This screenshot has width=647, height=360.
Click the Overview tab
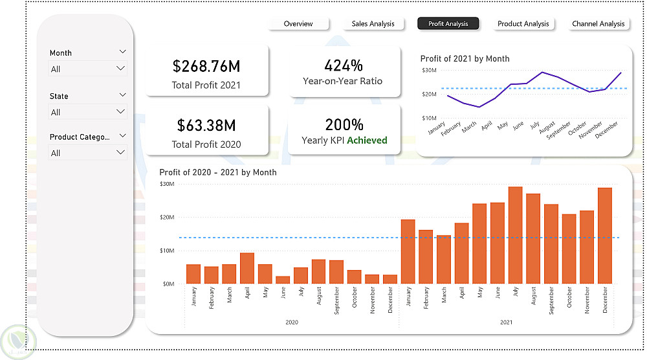[298, 24]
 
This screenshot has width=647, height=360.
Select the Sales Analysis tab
[373, 24]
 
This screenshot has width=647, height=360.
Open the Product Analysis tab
[523, 24]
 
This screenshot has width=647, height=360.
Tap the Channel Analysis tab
[598, 24]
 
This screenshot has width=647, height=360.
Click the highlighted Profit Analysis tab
[448, 24]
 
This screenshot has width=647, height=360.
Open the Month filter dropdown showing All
[87, 69]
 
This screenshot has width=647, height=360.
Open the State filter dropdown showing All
[87, 112]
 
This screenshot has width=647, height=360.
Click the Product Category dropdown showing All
[87, 153]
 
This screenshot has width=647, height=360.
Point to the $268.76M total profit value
[206, 66]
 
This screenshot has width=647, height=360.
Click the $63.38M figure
[206, 125]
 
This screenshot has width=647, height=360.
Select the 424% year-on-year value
[344, 65]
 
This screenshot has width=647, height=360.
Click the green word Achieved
[367, 141]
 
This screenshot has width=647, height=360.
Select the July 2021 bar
[516, 235]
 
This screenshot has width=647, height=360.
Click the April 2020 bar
[247, 268]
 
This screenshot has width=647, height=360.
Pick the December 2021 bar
[605, 236]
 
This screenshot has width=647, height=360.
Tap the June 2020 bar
[283, 280]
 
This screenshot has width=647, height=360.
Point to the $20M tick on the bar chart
[167, 217]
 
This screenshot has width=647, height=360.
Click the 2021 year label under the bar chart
[507, 322]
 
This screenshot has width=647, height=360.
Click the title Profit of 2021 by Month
[465, 59]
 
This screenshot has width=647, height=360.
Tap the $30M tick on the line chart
[429, 70]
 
